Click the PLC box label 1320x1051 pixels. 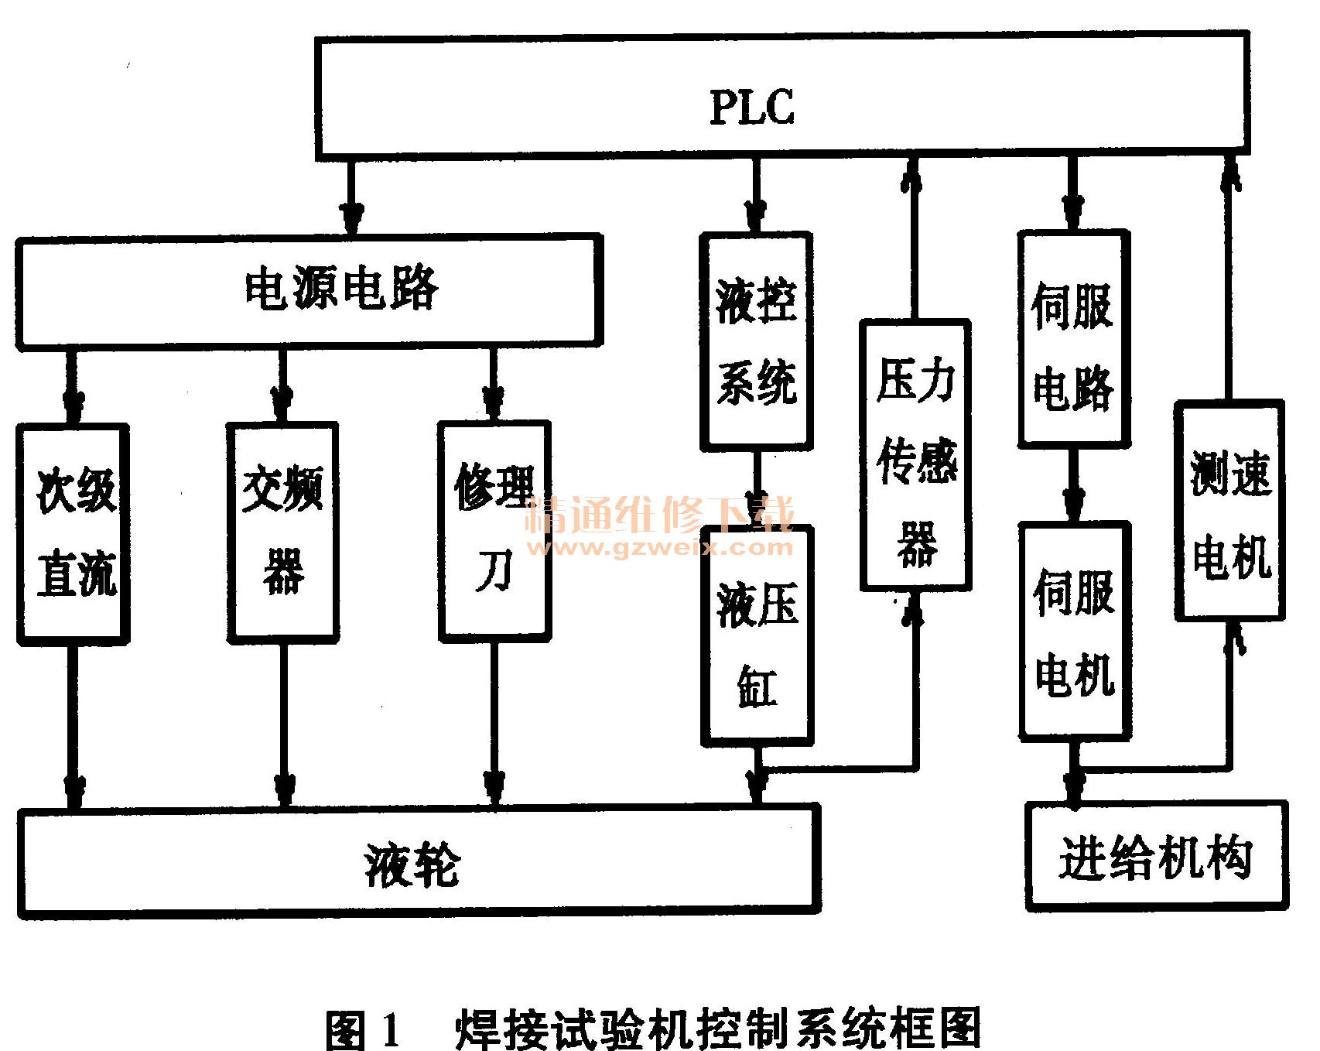pos(752,108)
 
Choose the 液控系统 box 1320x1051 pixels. pos(756,341)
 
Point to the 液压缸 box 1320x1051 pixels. pos(757,636)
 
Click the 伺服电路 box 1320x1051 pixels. pos(1072,338)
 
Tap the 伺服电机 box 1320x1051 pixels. pos(1074,631)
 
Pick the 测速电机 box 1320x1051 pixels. pos(1229,511)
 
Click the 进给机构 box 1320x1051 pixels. pos(1156,856)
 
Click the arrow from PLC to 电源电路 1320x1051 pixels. pos(351,198)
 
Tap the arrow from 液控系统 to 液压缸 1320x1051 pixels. pos(757,488)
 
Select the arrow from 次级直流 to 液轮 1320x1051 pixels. pos(74,727)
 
